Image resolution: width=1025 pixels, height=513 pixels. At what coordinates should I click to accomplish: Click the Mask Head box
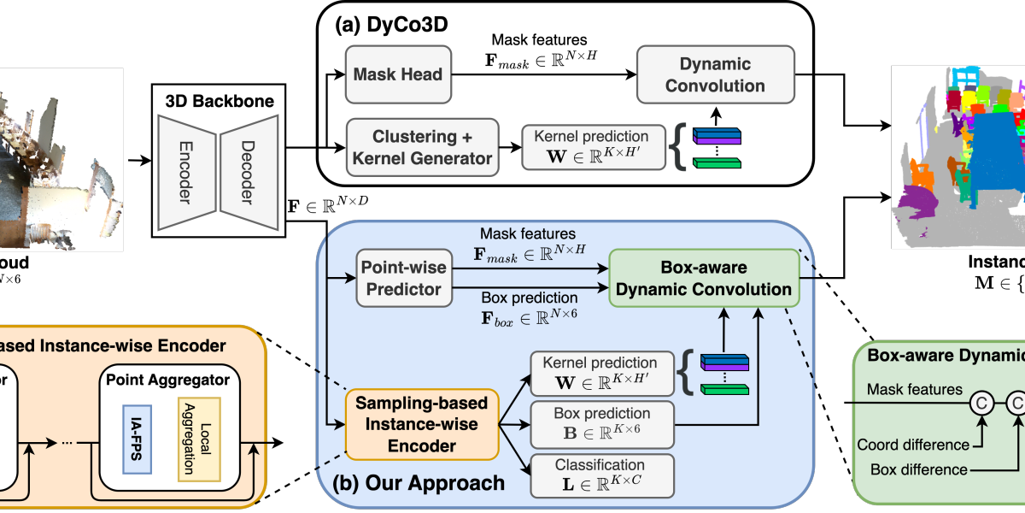tap(398, 74)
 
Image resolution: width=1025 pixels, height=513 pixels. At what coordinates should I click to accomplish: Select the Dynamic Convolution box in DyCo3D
tap(715, 74)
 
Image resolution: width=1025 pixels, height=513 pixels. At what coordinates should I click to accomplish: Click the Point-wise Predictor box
tap(401, 278)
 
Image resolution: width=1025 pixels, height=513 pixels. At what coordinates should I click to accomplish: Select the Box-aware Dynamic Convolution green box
tap(703, 278)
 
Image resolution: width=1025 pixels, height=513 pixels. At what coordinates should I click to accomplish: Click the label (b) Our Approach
tap(418, 483)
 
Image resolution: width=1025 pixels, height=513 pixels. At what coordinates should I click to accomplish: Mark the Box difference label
tap(919, 469)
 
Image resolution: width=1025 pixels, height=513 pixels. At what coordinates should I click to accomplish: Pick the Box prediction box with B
tap(601, 422)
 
